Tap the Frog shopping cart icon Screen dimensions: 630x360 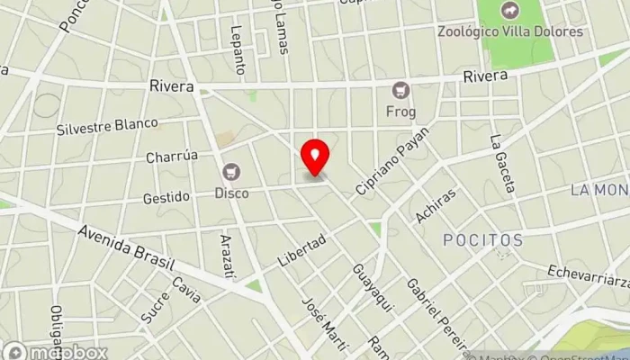click(400, 90)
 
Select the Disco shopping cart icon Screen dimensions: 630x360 click(232, 171)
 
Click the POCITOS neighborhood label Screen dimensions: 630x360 click(482, 240)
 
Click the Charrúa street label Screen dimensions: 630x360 click(172, 156)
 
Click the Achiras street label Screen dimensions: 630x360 click(436, 205)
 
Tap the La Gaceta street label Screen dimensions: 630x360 click(502, 164)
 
